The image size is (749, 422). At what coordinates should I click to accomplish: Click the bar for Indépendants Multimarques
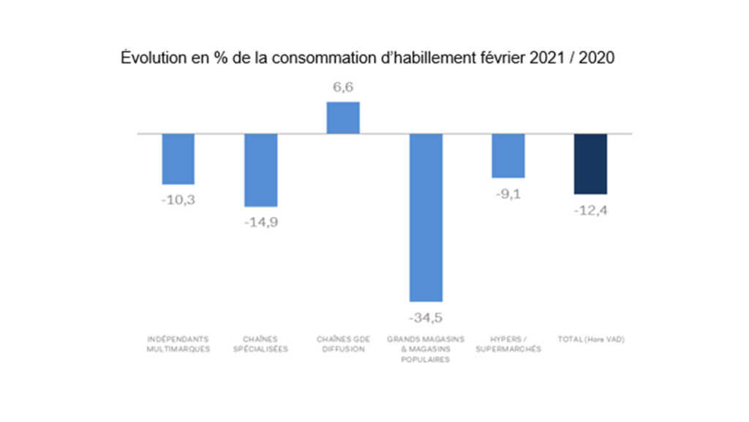178,158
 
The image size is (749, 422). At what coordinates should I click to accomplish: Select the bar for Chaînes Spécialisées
260,170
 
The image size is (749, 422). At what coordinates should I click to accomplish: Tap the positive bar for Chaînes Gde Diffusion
342,118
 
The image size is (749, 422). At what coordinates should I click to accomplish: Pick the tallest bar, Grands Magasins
425,217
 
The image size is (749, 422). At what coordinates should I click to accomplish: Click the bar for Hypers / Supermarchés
508,155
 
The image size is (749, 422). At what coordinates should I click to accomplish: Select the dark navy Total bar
590,163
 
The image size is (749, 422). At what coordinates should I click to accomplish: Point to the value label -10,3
178,199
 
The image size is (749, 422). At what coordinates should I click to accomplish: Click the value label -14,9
260,221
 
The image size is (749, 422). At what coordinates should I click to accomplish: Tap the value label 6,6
342,87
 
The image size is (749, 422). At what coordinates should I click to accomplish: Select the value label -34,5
425,317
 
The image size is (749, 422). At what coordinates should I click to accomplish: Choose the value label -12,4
590,210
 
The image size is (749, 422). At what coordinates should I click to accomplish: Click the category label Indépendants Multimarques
178,344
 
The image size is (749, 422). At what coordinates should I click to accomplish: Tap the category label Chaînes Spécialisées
260,344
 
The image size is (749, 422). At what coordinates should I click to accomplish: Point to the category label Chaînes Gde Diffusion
342,344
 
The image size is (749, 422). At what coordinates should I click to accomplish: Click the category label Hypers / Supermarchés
508,344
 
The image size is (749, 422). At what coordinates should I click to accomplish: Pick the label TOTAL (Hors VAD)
590,339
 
